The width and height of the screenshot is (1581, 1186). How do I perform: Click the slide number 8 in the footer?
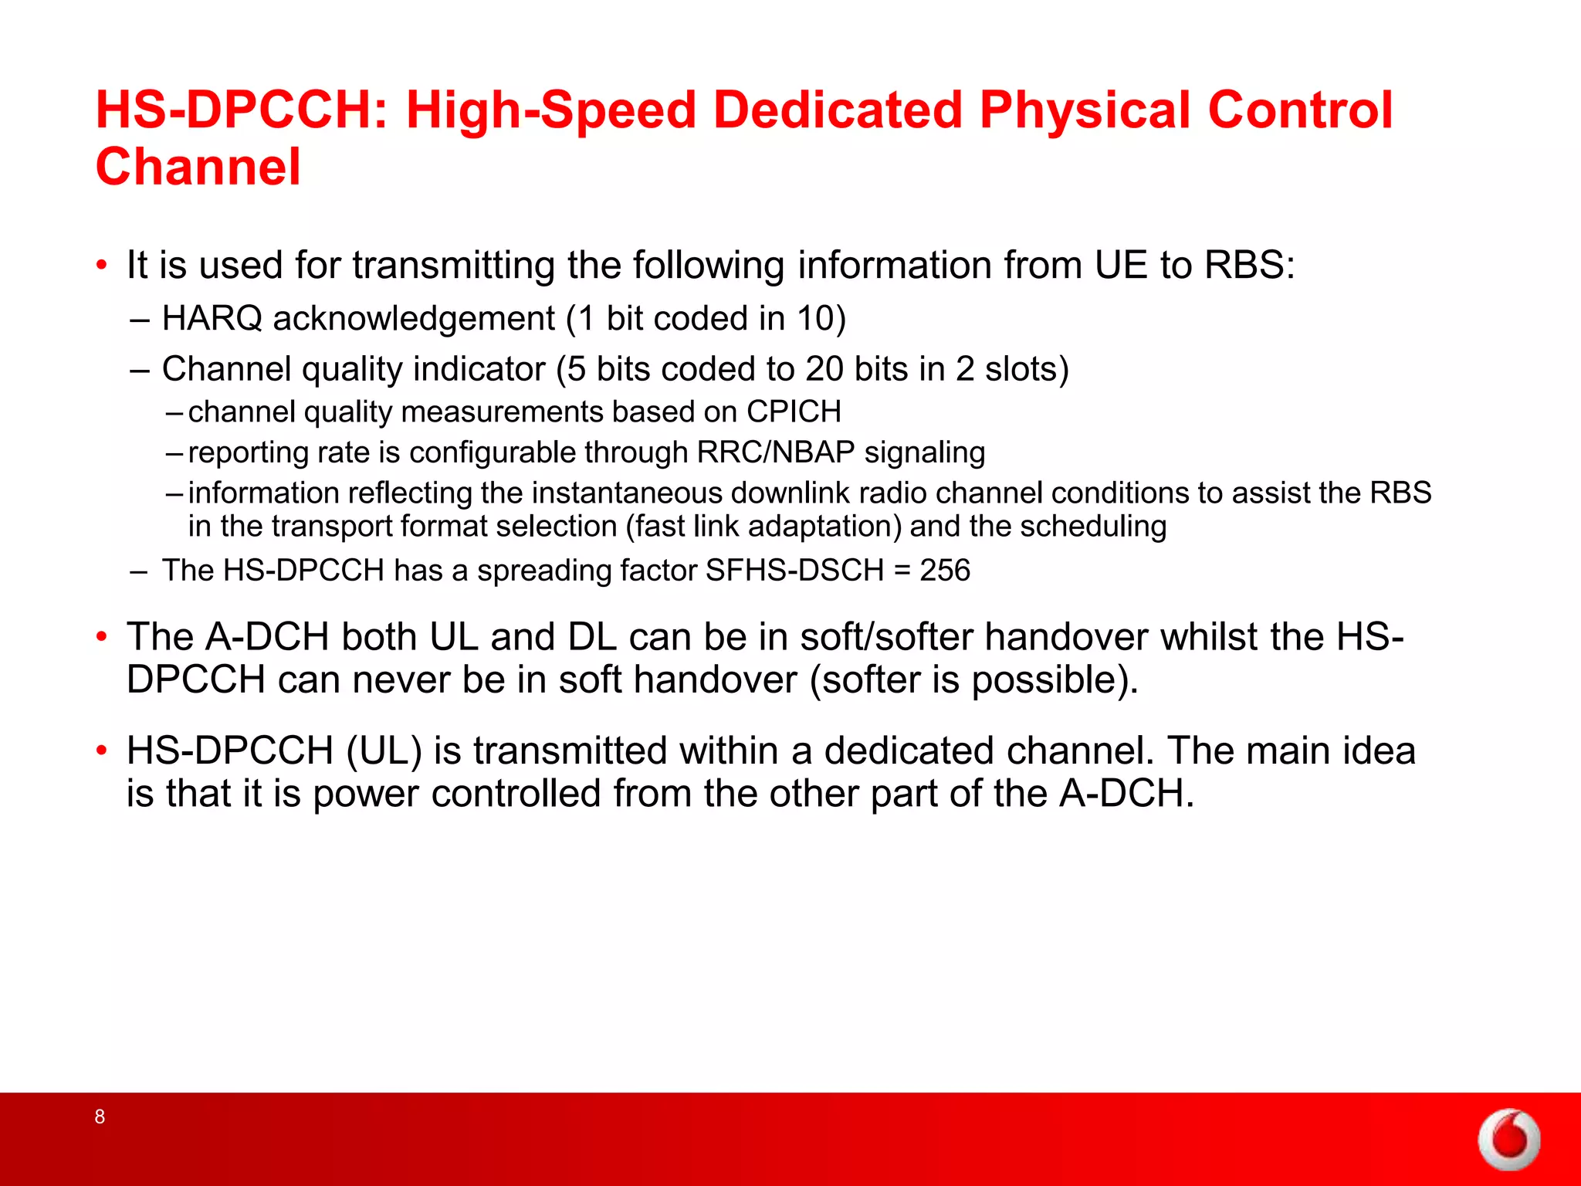pyautogui.click(x=100, y=1116)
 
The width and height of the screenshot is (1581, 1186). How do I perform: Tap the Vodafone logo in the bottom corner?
pyautogui.click(x=1509, y=1139)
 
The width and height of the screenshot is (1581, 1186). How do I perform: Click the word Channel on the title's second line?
pyautogui.click(x=198, y=167)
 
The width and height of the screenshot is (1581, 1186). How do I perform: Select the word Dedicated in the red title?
pyautogui.click(x=838, y=110)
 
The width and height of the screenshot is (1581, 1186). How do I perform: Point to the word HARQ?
pyautogui.click(x=212, y=319)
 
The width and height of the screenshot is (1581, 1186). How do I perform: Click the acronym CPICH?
pyautogui.click(x=794, y=412)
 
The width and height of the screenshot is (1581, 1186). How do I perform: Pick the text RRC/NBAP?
pyautogui.click(x=776, y=452)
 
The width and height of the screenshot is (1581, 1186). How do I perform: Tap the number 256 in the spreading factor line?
pyautogui.click(x=945, y=571)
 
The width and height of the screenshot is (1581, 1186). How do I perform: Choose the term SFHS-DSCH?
pyautogui.click(x=794, y=571)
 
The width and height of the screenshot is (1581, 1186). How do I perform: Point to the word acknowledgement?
pyautogui.click(x=414, y=319)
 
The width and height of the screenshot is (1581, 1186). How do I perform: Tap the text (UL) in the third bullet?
pyautogui.click(x=384, y=751)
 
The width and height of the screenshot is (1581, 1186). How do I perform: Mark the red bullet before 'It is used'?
pyautogui.click(x=101, y=266)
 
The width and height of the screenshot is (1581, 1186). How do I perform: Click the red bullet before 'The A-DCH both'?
pyautogui.click(x=101, y=637)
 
